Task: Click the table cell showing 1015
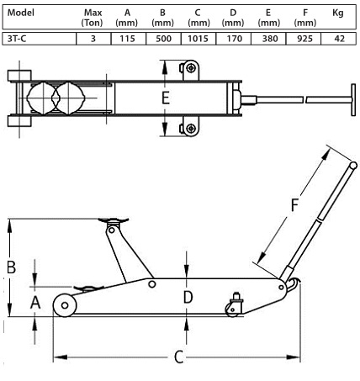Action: [198, 39]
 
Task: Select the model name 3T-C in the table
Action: [17, 39]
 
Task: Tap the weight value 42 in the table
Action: [339, 39]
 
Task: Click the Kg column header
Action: [338, 13]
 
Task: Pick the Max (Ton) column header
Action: [93, 18]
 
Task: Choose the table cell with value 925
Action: [304, 39]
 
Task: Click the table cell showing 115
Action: [127, 39]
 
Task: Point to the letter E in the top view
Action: [166, 98]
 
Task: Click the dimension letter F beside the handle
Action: [294, 205]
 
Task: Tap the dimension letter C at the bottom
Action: [179, 357]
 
